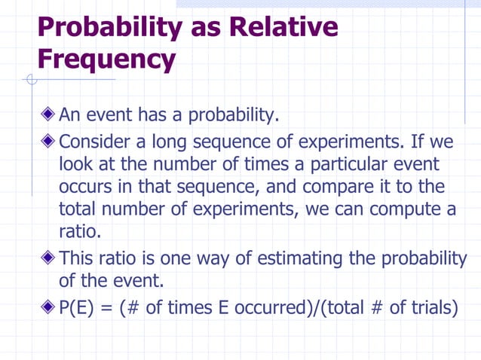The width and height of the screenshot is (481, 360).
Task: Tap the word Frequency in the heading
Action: (106, 59)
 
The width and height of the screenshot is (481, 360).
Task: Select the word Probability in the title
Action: (109, 27)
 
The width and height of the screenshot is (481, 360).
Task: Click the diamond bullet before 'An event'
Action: (48, 116)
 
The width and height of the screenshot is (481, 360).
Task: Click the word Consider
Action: (93, 142)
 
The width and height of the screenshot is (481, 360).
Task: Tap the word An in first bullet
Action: (70, 116)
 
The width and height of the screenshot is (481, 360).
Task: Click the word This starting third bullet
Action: (76, 259)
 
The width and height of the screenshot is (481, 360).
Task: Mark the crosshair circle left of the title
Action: (30, 79)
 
